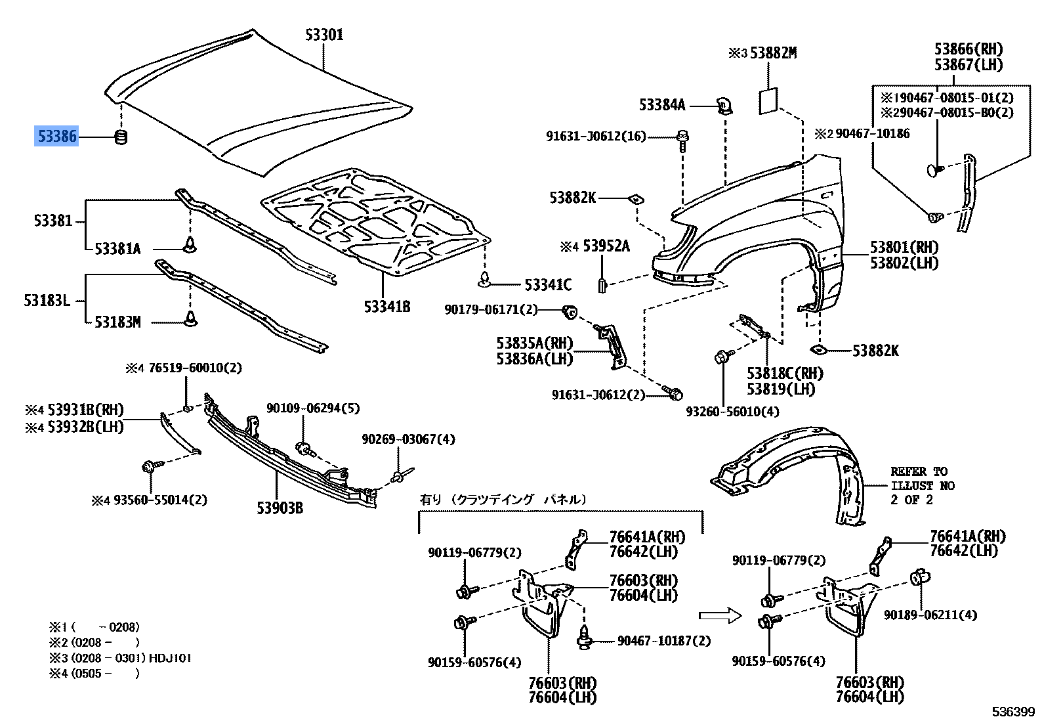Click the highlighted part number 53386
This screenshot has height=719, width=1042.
click(56, 136)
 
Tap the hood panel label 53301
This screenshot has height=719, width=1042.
click(324, 34)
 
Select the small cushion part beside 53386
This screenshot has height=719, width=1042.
click(121, 138)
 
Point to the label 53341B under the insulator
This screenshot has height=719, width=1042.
click(386, 307)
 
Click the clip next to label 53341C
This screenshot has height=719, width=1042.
click(485, 279)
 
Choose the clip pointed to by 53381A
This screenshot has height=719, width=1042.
click(190, 245)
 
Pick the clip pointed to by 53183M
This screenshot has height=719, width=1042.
click(191, 318)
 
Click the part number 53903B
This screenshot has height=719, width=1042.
click(280, 508)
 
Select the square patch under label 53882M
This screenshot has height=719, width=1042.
click(768, 100)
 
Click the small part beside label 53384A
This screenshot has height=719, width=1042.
click(724, 106)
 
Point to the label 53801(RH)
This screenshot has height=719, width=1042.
click(904, 247)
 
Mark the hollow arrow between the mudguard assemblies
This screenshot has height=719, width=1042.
click(720, 616)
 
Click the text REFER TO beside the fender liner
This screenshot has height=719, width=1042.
click(919, 471)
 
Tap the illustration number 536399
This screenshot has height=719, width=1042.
click(1013, 712)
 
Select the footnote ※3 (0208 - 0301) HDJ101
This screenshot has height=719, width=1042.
click(120, 658)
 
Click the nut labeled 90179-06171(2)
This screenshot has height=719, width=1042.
click(570, 313)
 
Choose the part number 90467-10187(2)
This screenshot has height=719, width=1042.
click(664, 641)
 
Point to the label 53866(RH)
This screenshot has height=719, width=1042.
click(969, 49)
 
